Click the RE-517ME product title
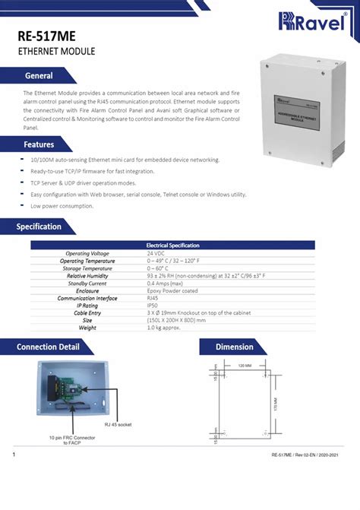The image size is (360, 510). click(x=47, y=36)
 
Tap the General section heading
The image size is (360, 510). click(x=38, y=76)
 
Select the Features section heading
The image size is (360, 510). click(x=38, y=144)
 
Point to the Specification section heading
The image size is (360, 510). click(x=39, y=226)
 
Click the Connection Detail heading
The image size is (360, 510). click(x=49, y=347)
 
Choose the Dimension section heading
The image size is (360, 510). click(x=234, y=347)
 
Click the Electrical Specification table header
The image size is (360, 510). click(x=172, y=245)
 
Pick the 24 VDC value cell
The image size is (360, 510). click(x=156, y=253)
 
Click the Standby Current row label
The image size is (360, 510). click(x=88, y=283)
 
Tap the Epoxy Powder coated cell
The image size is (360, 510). click(x=172, y=290)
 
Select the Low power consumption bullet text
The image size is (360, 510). click(x=62, y=206)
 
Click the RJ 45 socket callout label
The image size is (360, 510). click(x=118, y=425)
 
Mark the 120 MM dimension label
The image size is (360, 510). click(x=245, y=366)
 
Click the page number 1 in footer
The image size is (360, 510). click(x=14, y=455)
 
